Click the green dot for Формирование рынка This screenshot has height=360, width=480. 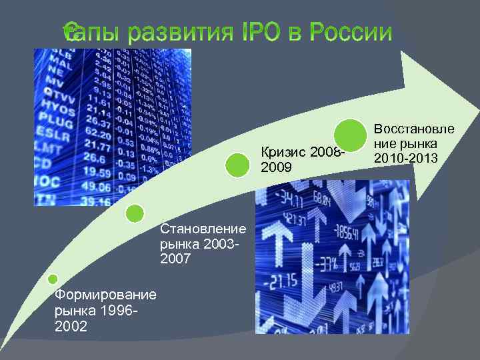point(53,279)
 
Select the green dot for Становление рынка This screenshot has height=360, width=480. point(135,213)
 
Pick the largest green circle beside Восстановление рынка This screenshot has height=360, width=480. point(351,135)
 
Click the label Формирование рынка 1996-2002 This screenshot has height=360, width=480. point(96,310)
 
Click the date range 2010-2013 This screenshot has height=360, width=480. point(405,158)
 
